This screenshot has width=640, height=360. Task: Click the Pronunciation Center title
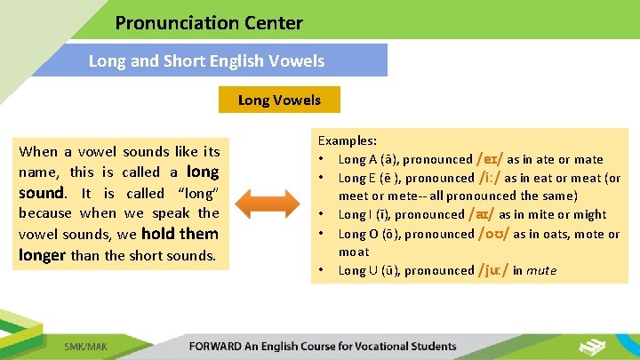[x=209, y=23]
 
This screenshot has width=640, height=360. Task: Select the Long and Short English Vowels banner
[x=206, y=61]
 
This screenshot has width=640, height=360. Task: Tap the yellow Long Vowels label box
[x=279, y=100]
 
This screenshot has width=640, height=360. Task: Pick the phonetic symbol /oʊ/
[x=493, y=233]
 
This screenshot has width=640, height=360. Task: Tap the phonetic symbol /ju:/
[x=493, y=270]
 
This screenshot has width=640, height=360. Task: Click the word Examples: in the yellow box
[x=348, y=141]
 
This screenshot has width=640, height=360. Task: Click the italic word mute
[x=540, y=270]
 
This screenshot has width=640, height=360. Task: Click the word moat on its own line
[x=356, y=252]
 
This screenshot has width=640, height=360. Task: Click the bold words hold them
[x=180, y=234]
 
